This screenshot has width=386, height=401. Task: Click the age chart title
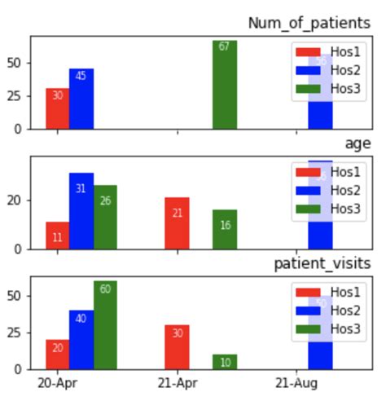357,143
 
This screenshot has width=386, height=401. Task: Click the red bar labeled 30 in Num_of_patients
57,108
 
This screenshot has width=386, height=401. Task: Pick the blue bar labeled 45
81,99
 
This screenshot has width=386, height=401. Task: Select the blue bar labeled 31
81,210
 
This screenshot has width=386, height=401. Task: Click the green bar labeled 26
105,217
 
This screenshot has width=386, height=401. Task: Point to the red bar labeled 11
57,236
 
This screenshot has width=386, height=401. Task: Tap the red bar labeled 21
177,223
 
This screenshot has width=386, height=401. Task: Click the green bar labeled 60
105,324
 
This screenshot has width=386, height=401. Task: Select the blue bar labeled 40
81,339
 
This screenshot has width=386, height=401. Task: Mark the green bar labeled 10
224,361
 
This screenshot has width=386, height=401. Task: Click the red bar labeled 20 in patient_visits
57,354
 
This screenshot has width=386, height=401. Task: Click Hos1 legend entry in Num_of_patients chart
330,52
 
